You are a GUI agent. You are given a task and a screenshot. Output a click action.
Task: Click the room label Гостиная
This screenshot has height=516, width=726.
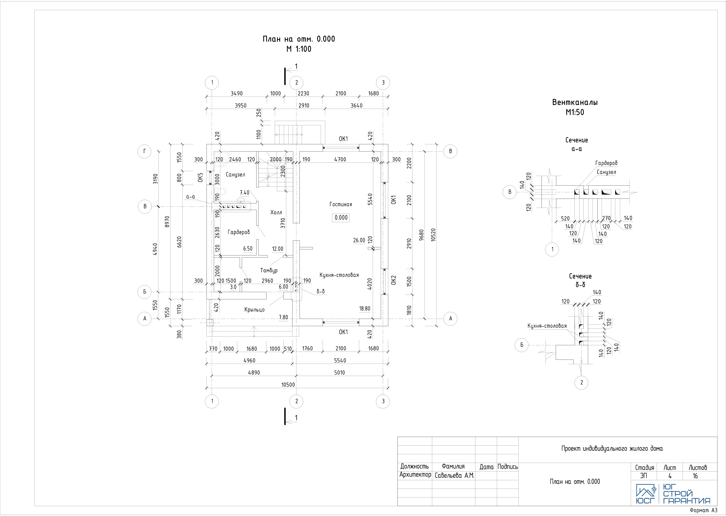click(341, 204)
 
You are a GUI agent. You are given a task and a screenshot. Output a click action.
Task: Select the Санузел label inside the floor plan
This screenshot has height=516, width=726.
click(235, 174)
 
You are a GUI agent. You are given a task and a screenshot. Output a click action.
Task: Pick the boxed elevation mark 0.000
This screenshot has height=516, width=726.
click(341, 218)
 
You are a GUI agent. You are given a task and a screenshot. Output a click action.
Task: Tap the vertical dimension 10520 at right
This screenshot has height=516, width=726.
click(433, 235)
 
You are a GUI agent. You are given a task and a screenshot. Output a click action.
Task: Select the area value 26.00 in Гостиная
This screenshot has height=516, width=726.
click(359, 240)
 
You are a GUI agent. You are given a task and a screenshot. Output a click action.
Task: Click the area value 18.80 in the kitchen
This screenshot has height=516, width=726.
click(364, 309)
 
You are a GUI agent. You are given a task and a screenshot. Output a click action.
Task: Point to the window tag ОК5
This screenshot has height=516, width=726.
click(200, 178)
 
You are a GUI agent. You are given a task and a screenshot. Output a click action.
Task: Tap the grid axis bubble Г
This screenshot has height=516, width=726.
click(145, 151)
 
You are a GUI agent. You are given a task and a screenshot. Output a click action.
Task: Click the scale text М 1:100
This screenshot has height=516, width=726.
click(299, 49)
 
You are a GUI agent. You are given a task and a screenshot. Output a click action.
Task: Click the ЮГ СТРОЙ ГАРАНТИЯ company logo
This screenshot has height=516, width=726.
click(673, 494)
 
